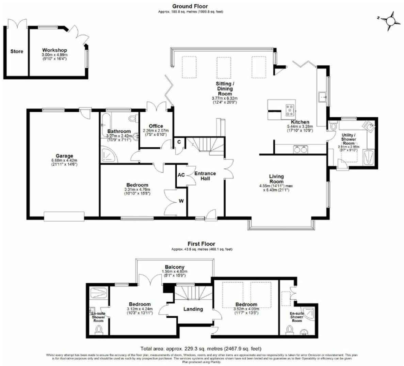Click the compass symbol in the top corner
[x=391, y=21]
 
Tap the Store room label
[x=17, y=51]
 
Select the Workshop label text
[x=54, y=50]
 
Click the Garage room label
[x=64, y=156]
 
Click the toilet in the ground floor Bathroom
[x=133, y=118]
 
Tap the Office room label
[x=156, y=126]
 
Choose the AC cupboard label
[x=181, y=175]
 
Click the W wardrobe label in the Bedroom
[x=181, y=201]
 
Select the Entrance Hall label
[x=205, y=176]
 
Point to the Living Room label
[x=276, y=179]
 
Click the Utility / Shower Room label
[x=349, y=139]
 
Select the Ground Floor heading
[x=190, y=6]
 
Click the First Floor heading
[x=201, y=244]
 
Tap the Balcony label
[x=175, y=267]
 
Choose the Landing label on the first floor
[x=193, y=309]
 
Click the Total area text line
[x=201, y=349]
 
